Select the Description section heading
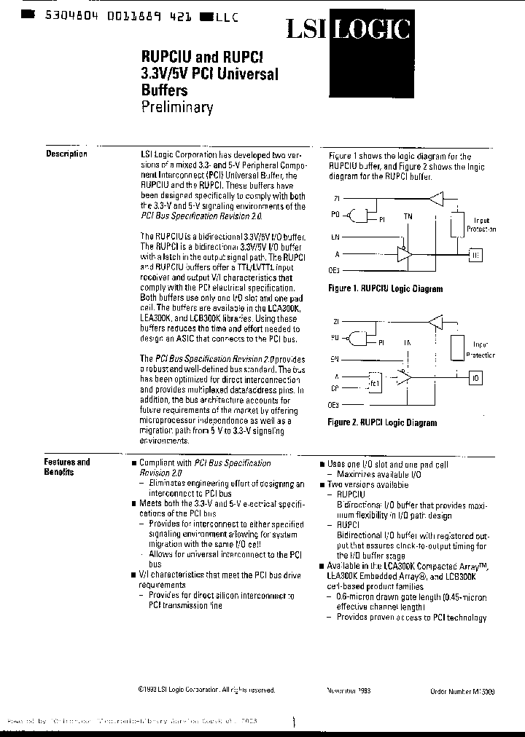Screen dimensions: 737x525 click(x=66, y=154)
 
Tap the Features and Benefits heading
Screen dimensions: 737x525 click(x=66, y=467)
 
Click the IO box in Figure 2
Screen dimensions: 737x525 click(x=475, y=379)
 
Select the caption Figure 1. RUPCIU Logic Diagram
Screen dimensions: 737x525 click(x=385, y=288)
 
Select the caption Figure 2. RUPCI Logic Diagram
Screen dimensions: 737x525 click(x=382, y=422)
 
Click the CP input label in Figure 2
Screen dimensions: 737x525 click(x=335, y=388)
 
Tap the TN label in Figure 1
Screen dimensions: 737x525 click(x=408, y=216)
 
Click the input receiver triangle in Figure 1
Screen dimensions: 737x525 click(x=436, y=197)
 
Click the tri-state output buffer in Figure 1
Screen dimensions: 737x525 click(x=403, y=254)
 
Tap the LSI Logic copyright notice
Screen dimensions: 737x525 click(x=206, y=689)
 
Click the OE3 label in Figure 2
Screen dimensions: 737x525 click(x=335, y=405)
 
